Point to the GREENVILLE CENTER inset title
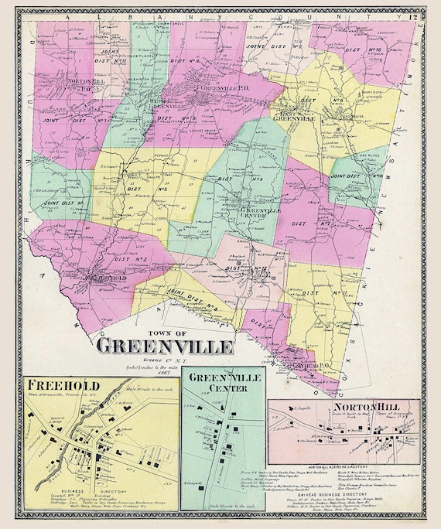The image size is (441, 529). pos(227,384)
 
